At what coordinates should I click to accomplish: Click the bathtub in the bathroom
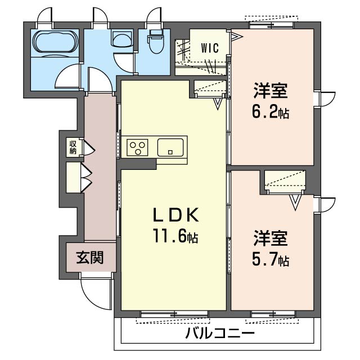pyautogui.click(x=55, y=43)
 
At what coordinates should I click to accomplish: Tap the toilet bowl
pyautogui.click(x=156, y=41)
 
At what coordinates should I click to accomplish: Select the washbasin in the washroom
pyautogui.click(x=122, y=38)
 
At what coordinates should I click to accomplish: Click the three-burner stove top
pyautogui.click(x=137, y=147)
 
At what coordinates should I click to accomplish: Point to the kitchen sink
pyautogui.click(x=170, y=147)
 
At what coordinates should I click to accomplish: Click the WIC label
pyautogui.click(x=210, y=48)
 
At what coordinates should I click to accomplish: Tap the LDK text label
pyautogui.click(x=175, y=215)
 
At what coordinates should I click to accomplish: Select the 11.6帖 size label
pyautogui.click(x=175, y=236)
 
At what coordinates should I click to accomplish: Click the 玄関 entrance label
pyautogui.click(x=90, y=257)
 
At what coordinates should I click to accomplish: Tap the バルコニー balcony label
pyautogui.click(x=220, y=333)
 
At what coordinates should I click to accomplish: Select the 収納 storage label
pyautogui.click(x=73, y=147)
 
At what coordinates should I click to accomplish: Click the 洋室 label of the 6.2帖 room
pyautogui.click(x=270, y=91)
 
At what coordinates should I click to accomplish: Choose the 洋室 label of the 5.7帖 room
pyautogui.click(x=270, y=238)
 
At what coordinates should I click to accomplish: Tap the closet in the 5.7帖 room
pyautogui.click(x=285, y=180)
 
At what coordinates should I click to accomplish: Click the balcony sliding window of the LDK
pyautogui.click(x=174, y=313)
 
